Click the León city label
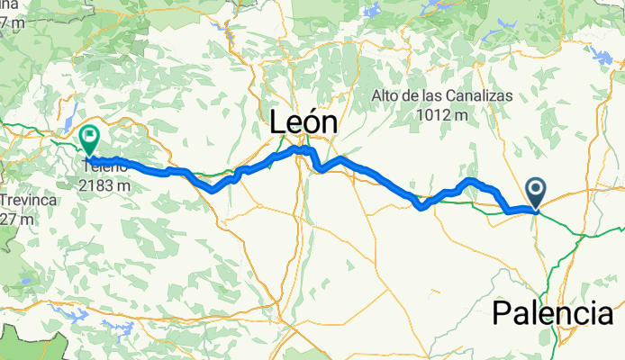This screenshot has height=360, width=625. coord(304,122)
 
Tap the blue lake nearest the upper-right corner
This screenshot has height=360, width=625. coord(602,56)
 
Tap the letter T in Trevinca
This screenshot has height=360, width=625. coord(5,199)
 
